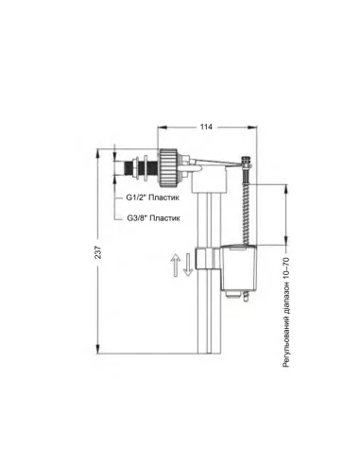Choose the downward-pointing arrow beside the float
point(189,265)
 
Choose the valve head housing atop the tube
point(201,175)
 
